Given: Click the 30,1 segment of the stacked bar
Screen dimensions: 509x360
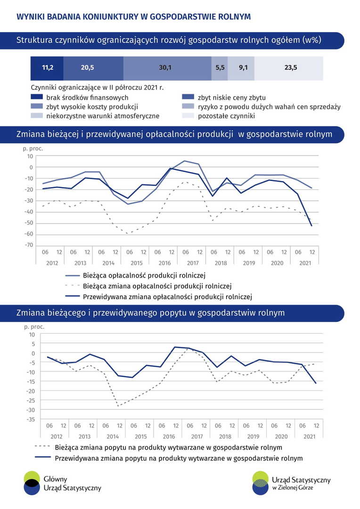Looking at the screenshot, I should click(x=167, y=68).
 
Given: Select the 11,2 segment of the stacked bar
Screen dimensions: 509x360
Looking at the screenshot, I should click(x=47, y=68).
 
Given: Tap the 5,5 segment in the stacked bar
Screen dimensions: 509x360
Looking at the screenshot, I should click(x=220, y=68).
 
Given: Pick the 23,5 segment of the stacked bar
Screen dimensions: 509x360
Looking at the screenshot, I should click(x=289, y=68).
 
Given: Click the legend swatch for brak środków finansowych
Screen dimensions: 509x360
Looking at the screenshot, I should click(x=37, y=98).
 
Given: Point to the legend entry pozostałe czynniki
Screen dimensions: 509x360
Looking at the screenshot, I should click(x=226, y=115).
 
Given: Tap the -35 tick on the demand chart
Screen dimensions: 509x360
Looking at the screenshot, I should click(x=30, y=419).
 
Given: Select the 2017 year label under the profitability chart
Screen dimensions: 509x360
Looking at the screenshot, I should click(x=192, y=263).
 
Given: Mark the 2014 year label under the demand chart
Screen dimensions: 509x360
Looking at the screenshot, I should click(x=113, y=436).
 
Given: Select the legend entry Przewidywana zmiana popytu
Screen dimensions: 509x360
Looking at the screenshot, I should click(x=179, y=458).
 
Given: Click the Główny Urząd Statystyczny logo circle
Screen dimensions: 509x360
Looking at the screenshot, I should click(x=32, y=483).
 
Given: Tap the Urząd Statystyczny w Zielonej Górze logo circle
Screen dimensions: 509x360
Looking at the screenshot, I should click(x=260, y=483).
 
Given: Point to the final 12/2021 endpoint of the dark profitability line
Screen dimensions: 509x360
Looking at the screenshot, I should click(x=312, y=226).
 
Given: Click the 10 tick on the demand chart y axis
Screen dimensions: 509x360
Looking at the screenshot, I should click(x=32, y=334).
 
